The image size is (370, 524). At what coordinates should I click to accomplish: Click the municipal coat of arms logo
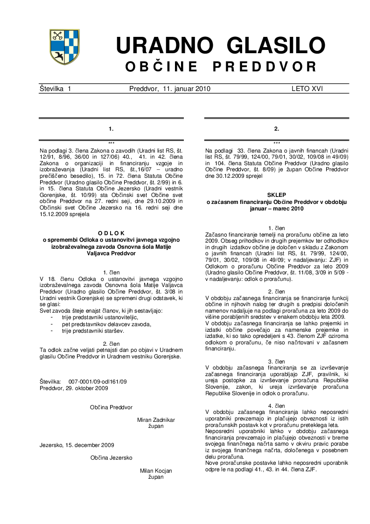pos(64,47)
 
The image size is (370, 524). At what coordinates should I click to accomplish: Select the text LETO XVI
pos(307,89)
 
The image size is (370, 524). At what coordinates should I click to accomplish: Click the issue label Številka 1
pos(55,89)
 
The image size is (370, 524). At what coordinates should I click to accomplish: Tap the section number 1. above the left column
pos(111,128)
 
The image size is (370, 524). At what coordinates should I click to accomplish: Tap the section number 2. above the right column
pos(277,128)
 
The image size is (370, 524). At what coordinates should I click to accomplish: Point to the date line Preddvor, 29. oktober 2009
pos(74,388)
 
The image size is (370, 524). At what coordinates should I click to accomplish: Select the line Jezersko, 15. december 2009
pos(77,445)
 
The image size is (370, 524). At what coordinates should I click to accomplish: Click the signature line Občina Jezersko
pos(111,458)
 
